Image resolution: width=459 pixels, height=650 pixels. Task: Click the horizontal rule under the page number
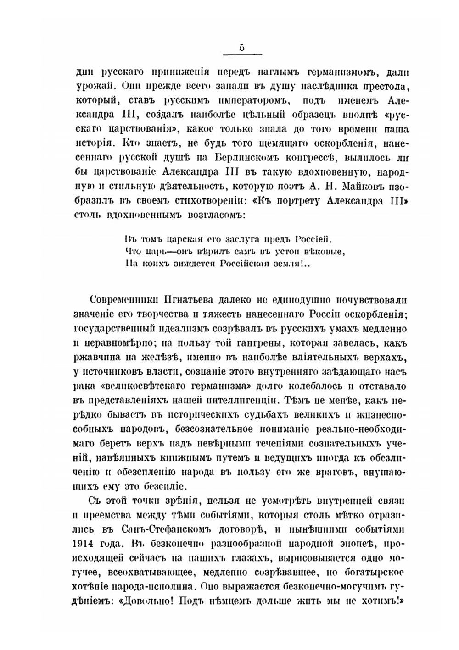(x=242, y=55)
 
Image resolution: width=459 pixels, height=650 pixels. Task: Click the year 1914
(x=84, y=543)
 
